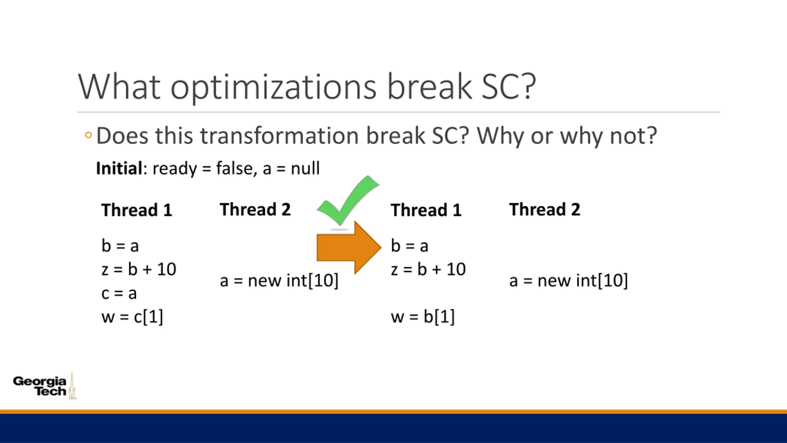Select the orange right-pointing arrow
[x=349, y=247]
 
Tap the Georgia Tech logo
[x=45, y=386]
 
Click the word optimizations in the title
[x=273, y=87]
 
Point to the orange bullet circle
[x=88, y=135]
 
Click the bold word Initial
[x=119, y=168]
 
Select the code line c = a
[x=119, y=293]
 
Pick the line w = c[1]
[x=132, y=317]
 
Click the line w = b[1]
[x=423, y=317]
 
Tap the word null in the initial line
[x=305, y=168]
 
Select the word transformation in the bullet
[x=279, y=136]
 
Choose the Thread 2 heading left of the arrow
[x=255, y=210]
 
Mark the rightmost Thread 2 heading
[x=545, y=210]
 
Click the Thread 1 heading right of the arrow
[x=426, y=210]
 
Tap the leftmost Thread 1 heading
[x=137, y=210]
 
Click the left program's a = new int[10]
[x=279, y=281]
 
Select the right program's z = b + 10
[x=428, y=269]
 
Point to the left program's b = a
[x=120, y=246]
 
